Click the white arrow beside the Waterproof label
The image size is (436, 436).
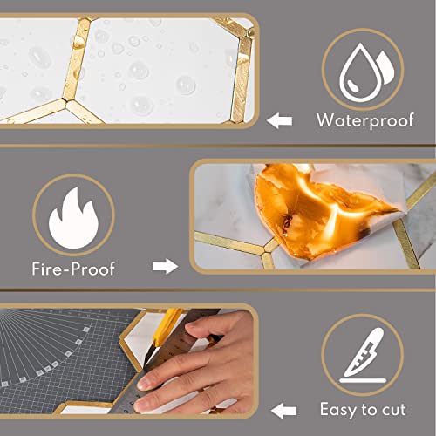(x=278, y=119)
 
